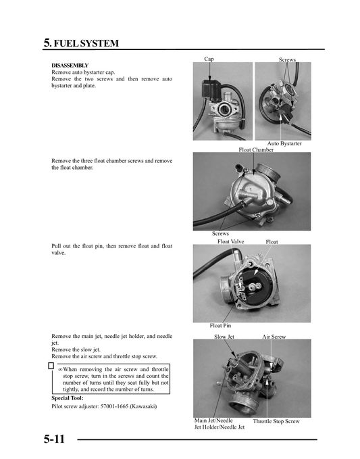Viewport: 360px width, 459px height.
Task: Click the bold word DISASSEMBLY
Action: pyautogui.click(x=70, y=66)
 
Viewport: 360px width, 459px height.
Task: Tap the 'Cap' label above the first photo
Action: pyautogui.click(x=209, y=59)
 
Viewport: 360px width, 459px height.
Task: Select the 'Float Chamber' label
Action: pyautogui.click(x=256, y=149)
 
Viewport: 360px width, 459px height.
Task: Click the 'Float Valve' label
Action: pyautogui.click(x=230, y=241)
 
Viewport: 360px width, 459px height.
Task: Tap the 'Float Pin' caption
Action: pyautogui.click(x=221, y=326)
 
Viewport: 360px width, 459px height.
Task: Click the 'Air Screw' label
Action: pyautogui.click(x=274, y=336)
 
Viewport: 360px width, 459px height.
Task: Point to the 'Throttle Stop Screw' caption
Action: pyautogui.click(x=276, y=421)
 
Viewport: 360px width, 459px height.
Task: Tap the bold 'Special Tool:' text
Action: pyautogui.click(x=68, y=398)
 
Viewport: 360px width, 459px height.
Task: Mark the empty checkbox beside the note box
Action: pyautogui.click(x=51, y=366)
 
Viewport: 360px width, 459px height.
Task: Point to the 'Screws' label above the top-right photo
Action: pyautogui.click(x=287, y=60)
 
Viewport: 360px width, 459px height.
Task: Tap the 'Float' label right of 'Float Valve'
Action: pyautogui.click(x=272, y=241)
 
